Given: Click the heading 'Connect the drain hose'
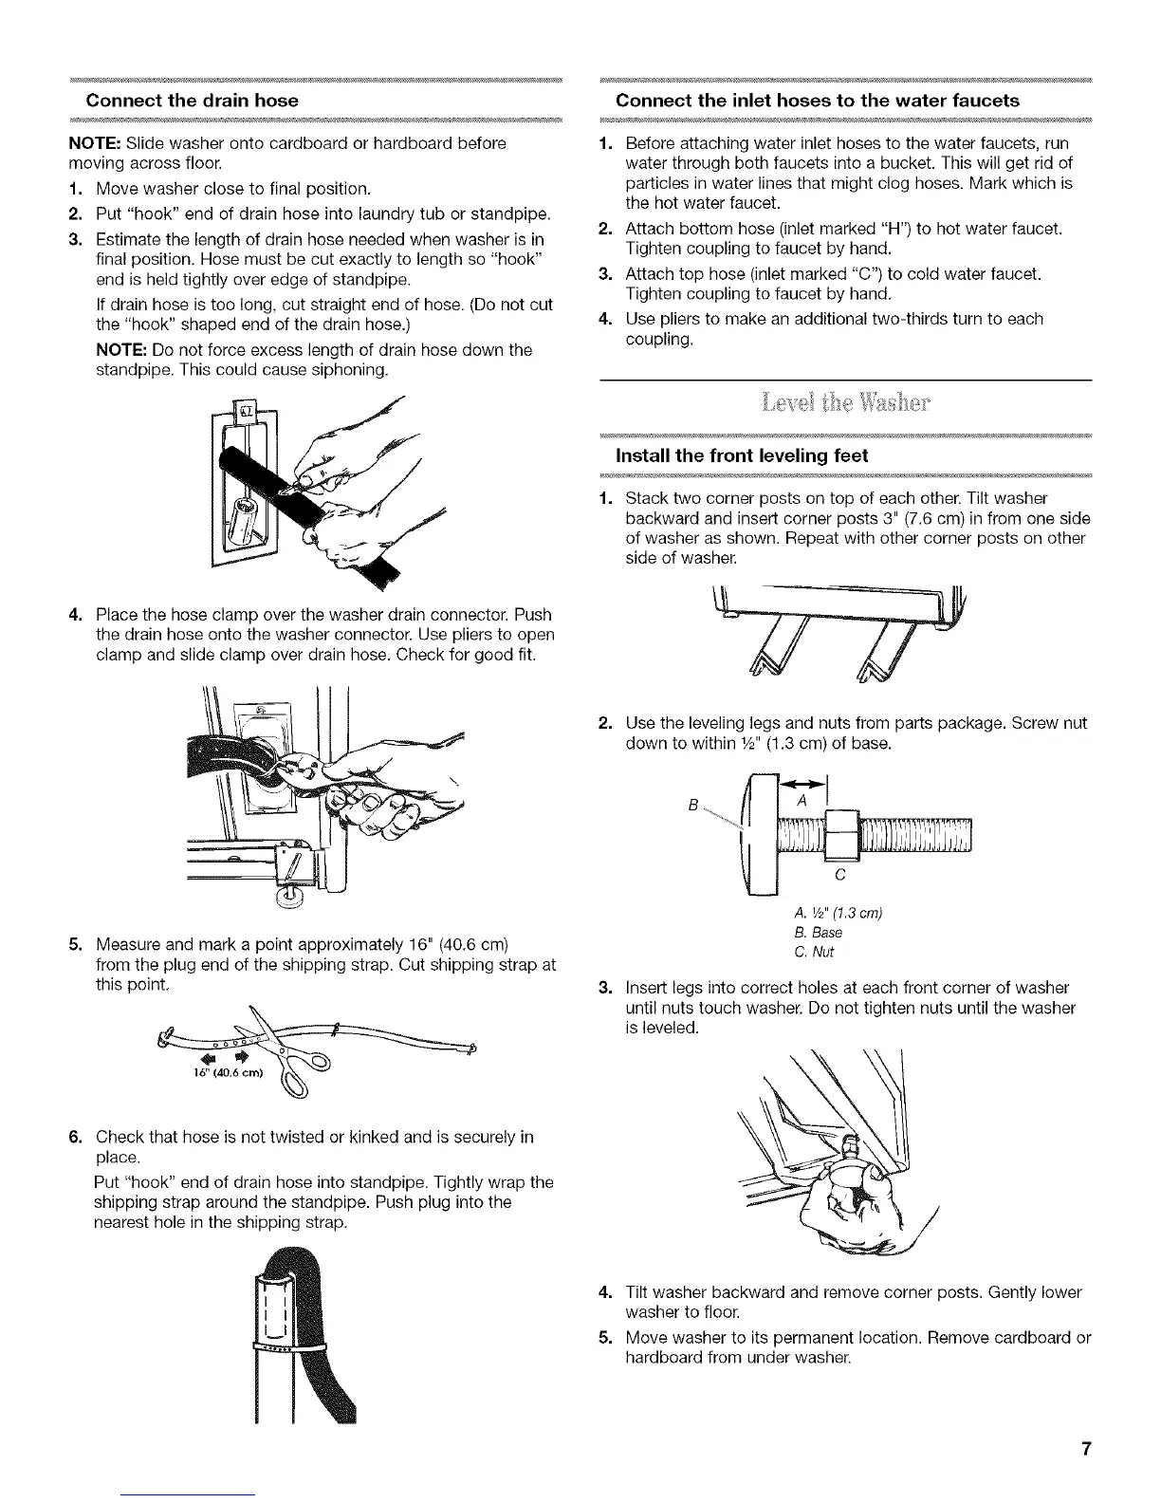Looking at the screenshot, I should click(193, 101).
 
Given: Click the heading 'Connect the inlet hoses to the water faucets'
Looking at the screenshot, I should click(818, 101).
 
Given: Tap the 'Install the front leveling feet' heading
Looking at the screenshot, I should click(742, 456).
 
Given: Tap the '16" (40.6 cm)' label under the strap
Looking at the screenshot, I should click(217, 1073).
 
